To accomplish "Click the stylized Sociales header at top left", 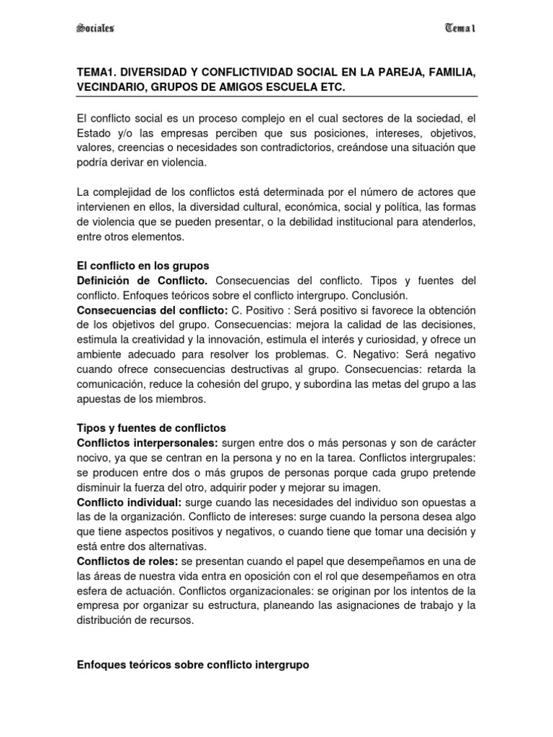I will [94, 28].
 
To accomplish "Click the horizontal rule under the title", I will [276, 96].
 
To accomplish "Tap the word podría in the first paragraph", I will [94, 163].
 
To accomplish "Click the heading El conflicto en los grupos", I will [143, 266].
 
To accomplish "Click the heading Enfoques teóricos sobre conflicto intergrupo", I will [192, 666].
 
